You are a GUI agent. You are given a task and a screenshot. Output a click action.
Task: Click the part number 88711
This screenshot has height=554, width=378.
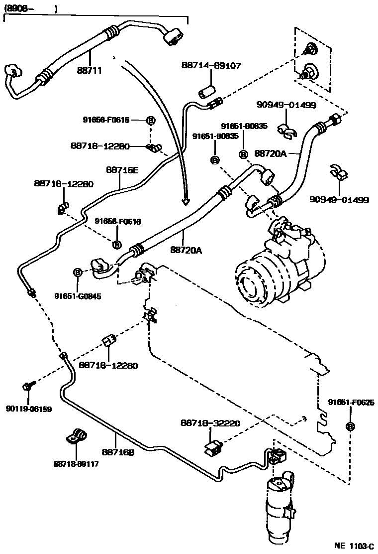pyautogui.click(x=89, y=71)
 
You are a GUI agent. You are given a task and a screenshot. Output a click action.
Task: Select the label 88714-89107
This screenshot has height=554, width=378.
pyautogui.click(x=211, y=65)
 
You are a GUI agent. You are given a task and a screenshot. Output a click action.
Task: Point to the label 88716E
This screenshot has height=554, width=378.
pyautogui.click(x=122, y=169)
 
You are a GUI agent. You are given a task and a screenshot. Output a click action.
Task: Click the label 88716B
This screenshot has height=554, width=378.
pyautogui.click(x=118, y=452)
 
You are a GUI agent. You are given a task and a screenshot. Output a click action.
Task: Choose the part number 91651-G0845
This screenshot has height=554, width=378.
pyautogui.click(x=78, y=296)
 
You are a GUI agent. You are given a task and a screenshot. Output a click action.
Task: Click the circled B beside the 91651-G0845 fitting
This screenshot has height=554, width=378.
pyautogui.click(x=78, y=273)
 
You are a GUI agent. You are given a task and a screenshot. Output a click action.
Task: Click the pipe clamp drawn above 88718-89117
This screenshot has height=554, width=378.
pyautogui.click(x=76, y=436)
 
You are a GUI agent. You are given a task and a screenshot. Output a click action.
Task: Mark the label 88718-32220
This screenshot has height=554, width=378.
pyautogui.click(x=210, y=423)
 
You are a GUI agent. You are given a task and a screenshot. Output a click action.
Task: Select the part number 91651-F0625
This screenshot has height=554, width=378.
pyautogui.click(x=351, y=402)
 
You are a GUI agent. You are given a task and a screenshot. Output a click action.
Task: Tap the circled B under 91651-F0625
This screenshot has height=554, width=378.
pyautogui.click(x=350, y=426)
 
